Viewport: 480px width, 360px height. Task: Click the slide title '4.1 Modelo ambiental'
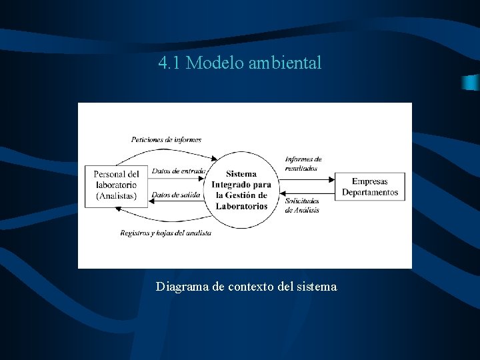[240, 63]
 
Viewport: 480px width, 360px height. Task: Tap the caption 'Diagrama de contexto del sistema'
[246, 287]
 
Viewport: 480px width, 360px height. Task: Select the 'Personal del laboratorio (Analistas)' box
[116, 185]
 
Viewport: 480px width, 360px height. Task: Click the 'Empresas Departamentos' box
[369, 187]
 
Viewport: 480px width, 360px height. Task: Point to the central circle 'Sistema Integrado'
[241, 190]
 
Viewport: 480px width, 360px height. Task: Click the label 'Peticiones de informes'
[166, 140]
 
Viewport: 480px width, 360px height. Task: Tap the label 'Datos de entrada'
[177, 171]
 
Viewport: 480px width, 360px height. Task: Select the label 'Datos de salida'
[176, 195]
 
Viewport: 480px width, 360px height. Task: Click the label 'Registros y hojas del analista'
[165, 233]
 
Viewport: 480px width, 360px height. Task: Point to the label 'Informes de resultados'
[303, 163]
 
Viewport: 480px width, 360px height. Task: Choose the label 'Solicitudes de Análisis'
[301, 205]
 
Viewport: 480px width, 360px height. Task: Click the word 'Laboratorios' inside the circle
[241, 206]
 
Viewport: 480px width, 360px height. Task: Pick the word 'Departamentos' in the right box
[370, 193]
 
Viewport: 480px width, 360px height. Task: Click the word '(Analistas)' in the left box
[116, 196]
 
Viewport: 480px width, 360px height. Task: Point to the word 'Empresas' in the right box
[369, 181]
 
